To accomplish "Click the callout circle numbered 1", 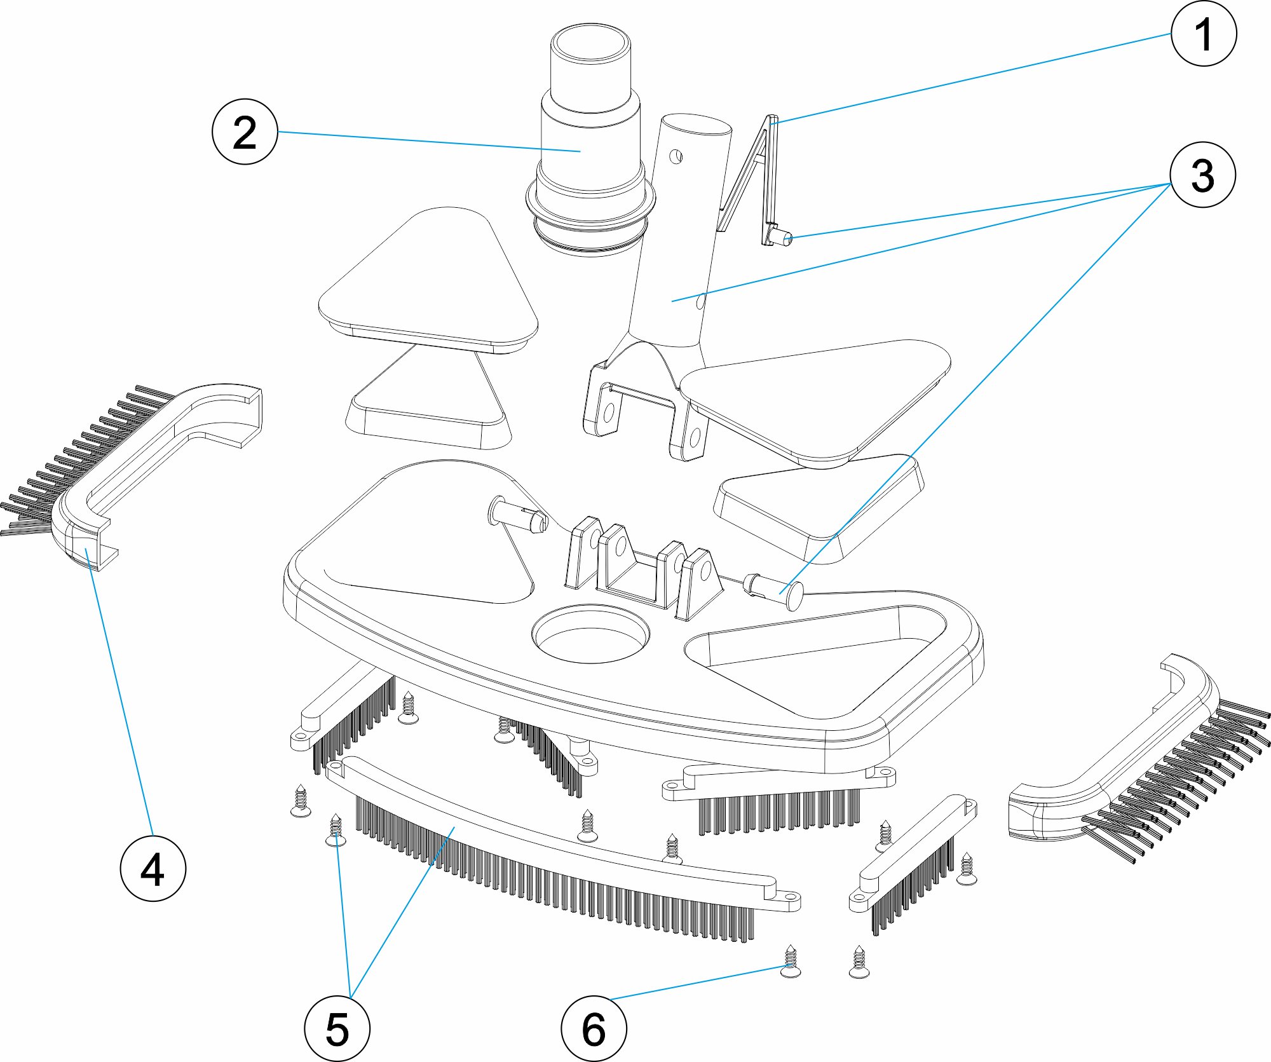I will [1203, 33].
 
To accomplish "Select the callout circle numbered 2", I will [245, 132].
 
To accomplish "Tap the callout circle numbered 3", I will [1202, 175].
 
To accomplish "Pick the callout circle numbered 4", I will [153, 868].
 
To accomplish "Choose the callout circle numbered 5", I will [337, 1028].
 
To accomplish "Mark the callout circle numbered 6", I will [594, 1028].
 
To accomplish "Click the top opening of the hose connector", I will [590, 44].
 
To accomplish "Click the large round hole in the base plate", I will [591, 636].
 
